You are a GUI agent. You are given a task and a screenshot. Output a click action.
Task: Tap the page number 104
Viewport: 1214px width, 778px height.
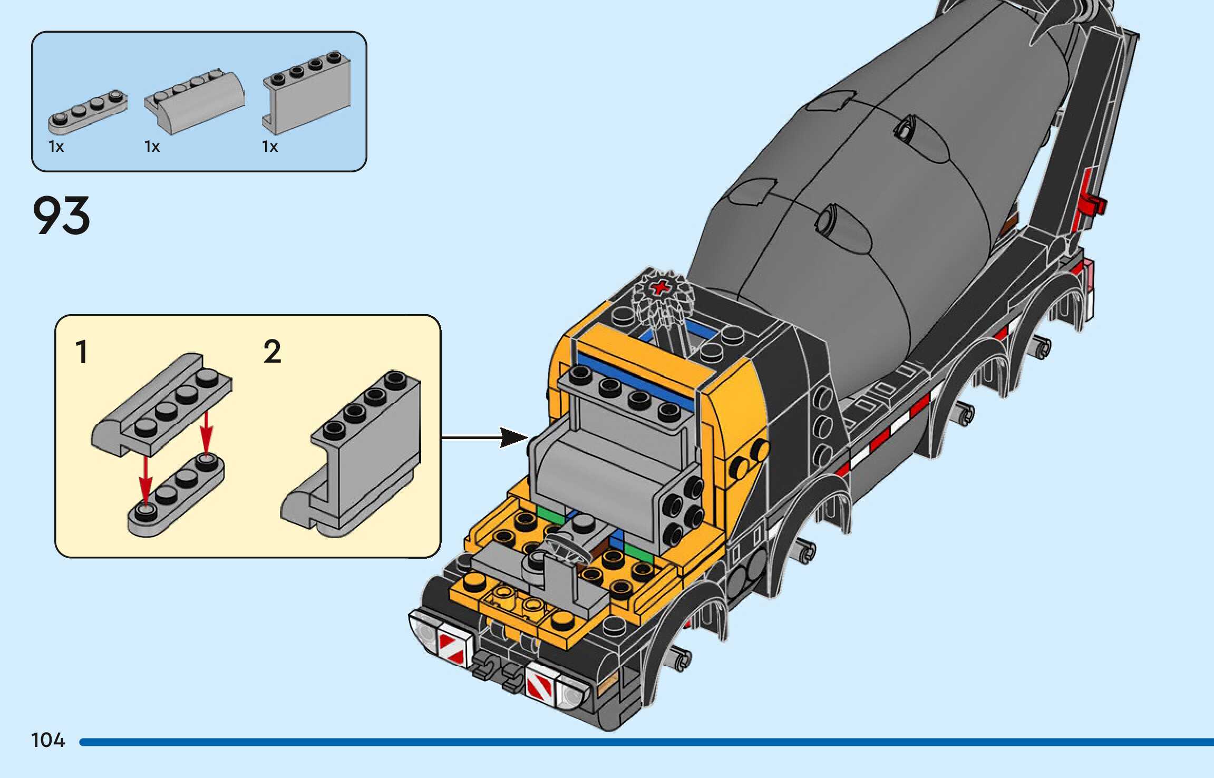(48, 740)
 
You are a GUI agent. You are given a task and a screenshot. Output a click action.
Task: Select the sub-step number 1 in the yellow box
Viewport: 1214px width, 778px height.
(81, 352)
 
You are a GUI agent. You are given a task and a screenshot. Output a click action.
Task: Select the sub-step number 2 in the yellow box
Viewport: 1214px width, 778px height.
(273, 352)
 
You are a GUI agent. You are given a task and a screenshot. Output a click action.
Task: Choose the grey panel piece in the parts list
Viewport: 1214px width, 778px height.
(306, 93)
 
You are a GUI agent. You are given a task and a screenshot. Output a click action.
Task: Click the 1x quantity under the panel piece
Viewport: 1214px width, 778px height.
(270, 147)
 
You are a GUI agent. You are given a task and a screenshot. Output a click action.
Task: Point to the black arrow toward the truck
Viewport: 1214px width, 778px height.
(484, 437)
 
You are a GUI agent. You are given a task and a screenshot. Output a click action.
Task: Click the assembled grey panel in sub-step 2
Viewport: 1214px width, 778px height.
(351, 453)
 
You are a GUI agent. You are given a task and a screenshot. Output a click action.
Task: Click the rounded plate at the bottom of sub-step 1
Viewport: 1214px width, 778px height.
(176, 494)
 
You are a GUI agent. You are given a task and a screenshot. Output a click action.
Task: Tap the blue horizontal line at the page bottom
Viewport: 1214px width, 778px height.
(646, 742)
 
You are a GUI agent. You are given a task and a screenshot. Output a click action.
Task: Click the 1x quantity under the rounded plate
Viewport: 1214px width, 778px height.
(56, 147)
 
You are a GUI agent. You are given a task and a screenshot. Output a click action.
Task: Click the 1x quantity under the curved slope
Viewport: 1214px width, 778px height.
(152, 147)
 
